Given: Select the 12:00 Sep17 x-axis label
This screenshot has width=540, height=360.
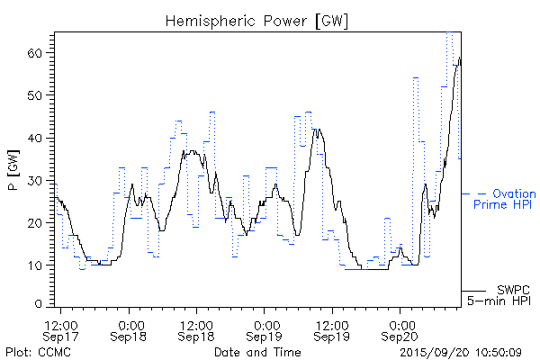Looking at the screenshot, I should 62,329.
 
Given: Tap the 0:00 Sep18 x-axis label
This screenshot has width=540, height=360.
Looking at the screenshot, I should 130,329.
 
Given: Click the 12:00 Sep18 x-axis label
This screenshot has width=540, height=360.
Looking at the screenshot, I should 197,329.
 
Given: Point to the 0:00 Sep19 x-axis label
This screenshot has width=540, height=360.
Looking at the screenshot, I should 265,329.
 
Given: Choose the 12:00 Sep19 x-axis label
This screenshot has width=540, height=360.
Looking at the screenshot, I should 332,329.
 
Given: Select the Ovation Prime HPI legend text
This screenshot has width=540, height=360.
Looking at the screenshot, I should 504,199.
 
